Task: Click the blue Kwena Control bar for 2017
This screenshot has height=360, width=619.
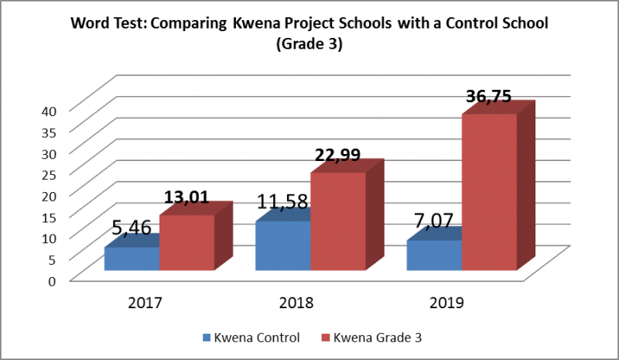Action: [132, 259]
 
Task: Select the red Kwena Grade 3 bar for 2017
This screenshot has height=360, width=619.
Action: [187, 242]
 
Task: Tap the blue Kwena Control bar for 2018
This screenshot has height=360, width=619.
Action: [283, 245]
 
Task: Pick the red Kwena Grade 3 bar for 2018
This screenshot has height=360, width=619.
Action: [338, 221]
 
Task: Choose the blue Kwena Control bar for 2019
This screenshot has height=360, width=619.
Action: [434, 255]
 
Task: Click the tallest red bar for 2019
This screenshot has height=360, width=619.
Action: [490, 192]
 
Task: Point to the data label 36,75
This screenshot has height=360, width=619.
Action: [489, 96]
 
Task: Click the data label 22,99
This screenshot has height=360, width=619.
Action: [337, 155]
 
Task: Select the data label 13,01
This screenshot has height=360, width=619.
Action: [186, 197]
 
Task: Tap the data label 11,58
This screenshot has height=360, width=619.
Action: [282, 201]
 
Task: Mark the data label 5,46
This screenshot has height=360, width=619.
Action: [132, 228]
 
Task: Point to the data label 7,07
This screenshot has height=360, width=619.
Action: [433, 221]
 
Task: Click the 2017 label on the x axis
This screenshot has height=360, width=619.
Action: [145, 303]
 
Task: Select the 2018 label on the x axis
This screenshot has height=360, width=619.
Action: [296, 303]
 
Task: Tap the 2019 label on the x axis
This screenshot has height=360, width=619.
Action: [447, 303]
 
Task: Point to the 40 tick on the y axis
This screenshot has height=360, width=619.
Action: [50, 111]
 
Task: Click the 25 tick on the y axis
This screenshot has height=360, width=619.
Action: [50, 175]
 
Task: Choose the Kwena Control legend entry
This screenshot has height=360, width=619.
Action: [251, 338]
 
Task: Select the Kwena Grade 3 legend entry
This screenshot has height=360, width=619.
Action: [372, 338]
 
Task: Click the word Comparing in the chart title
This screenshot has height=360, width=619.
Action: [189, 24]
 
